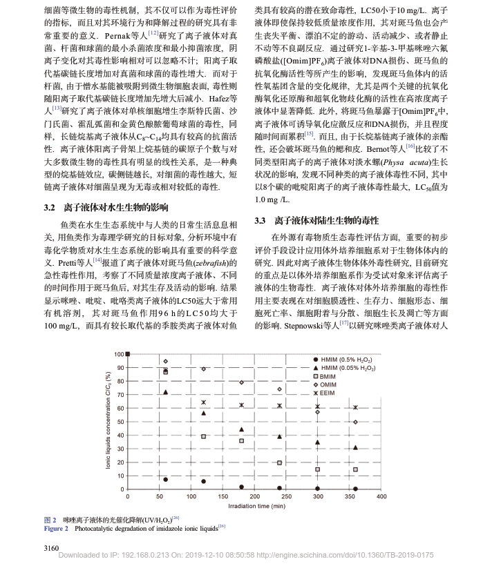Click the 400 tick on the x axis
[381, 496]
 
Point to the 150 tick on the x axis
[223, 496]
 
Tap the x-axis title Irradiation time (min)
[254, 506]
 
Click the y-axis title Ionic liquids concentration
[108, 422]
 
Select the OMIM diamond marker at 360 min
[355, 422]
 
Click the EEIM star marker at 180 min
[241, 405]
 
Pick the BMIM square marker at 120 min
[203, 436]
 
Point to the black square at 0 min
[127, 354]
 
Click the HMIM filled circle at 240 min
[279, 488]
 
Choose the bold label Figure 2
[56, 528]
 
